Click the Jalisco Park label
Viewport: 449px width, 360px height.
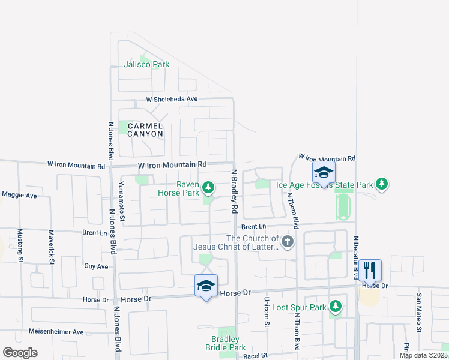[146, 64]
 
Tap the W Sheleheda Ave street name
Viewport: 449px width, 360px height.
[172, 99]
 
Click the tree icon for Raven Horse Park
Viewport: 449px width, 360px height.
[208, 188]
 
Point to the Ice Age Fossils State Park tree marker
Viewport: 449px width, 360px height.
[382, 184]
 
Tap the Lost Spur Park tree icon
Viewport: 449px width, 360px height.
[336, 307]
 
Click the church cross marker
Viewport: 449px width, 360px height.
[288, 242]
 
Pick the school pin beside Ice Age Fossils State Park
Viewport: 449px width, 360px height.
[324, 173]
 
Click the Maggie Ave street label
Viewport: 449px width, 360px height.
[19, 195]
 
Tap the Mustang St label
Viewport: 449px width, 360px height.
[20, 246]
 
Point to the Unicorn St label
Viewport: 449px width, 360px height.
[266, 312]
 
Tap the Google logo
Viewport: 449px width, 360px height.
[20, 353]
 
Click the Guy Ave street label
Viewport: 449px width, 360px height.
[96, 266]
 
